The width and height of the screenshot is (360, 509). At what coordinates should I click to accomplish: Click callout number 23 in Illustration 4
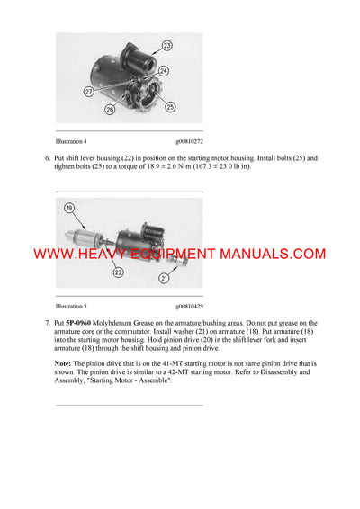click(166, 44)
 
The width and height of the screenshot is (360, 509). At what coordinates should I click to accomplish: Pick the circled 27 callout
click(90, 90)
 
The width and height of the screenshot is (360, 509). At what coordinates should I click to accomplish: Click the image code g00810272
click(189, 141)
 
